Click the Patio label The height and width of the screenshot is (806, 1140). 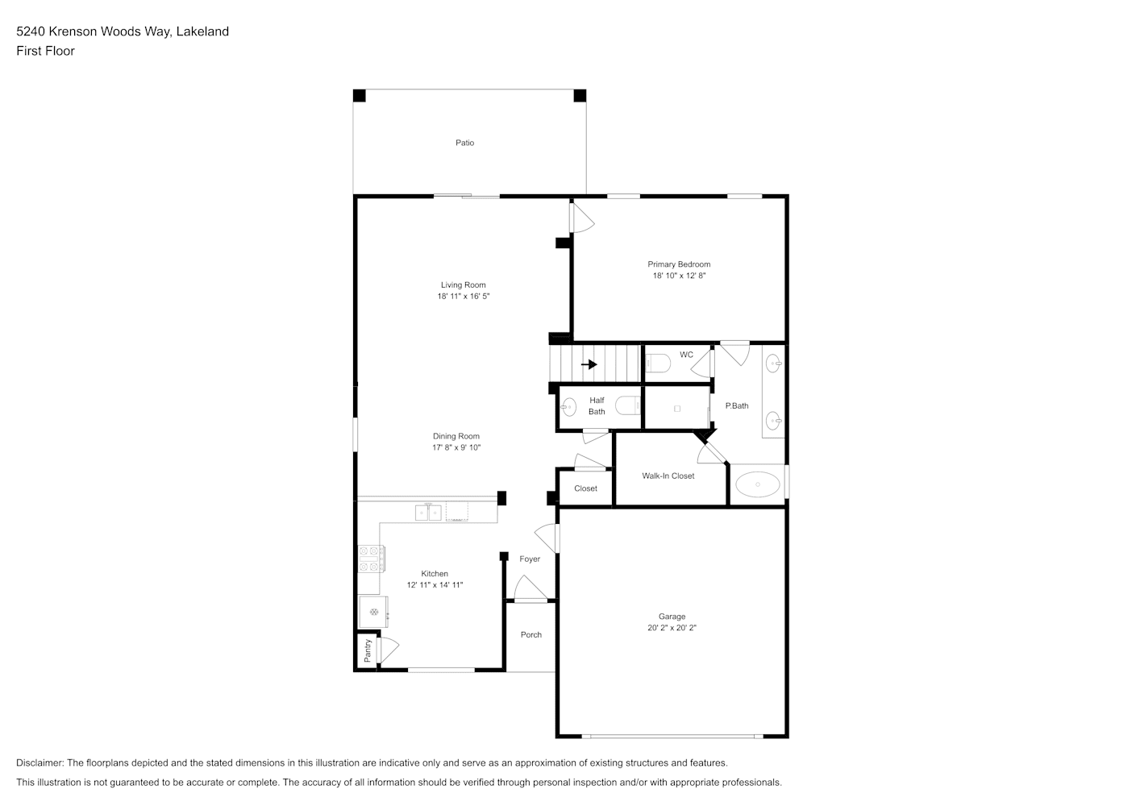464,143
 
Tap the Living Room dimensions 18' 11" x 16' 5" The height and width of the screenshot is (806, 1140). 463,296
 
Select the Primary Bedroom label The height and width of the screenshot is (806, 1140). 679,264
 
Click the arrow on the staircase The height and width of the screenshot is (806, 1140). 589,364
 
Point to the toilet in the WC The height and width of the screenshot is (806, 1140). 658,364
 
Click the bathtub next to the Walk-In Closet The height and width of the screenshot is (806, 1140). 758,484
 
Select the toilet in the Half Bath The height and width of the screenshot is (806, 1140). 628,405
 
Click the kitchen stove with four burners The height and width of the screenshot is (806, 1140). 371,559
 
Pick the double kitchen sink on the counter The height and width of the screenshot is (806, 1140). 428,513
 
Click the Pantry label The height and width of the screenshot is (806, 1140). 368,650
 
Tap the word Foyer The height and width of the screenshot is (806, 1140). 529,559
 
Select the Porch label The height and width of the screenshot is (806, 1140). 530,635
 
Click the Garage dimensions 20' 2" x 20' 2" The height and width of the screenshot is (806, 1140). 672,628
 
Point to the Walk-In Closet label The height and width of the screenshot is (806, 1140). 668,476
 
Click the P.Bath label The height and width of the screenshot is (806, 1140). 736,406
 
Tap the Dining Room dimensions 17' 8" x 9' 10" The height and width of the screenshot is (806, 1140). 456,448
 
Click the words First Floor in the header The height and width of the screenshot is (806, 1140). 45,51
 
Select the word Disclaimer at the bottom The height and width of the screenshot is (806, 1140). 40,762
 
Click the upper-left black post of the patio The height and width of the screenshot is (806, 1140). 360,96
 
